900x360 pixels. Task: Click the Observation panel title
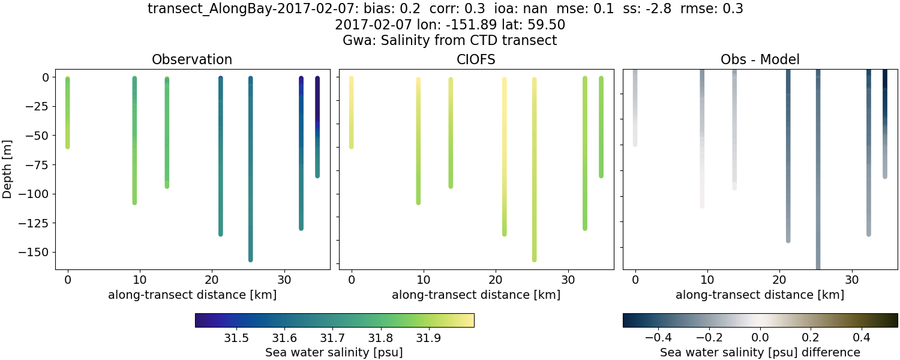[x=192, y=59]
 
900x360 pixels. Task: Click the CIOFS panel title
[x=476, y=59]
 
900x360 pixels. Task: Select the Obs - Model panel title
[x=760, y=59]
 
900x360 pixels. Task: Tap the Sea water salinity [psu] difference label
[x=760, y=352]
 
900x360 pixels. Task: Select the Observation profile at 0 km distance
[x=68, y=112]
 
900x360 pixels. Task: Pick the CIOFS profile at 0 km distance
[x=352, y=112]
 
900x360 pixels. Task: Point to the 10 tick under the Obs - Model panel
[x=707, y=280]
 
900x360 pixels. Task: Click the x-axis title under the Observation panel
[x=192, y=295]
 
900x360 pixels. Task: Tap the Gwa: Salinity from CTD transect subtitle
[x=450, y=41]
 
